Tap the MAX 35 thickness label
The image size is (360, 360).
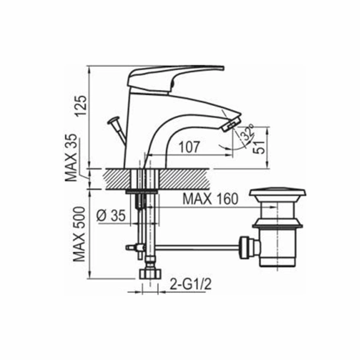[x=71, y=157]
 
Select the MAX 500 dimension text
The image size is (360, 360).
[x=79, y=234]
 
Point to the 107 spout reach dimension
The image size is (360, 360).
[x=189, y=147]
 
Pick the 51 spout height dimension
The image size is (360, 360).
[x=260, y=147]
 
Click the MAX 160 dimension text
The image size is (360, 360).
[x=210, y=199]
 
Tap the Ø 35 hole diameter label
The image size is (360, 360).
[x=111, y=216]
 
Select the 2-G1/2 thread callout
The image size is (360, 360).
[x=190, y=284]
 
